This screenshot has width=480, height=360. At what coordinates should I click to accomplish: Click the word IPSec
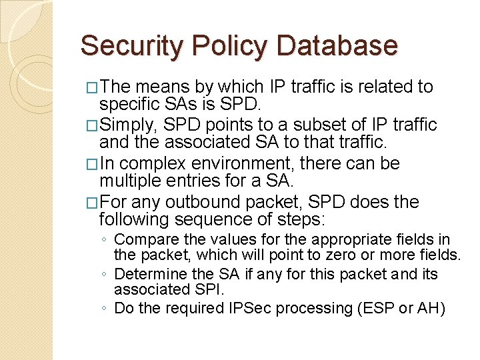[251, 308]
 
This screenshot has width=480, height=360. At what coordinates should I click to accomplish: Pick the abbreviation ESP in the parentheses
[377, 308]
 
